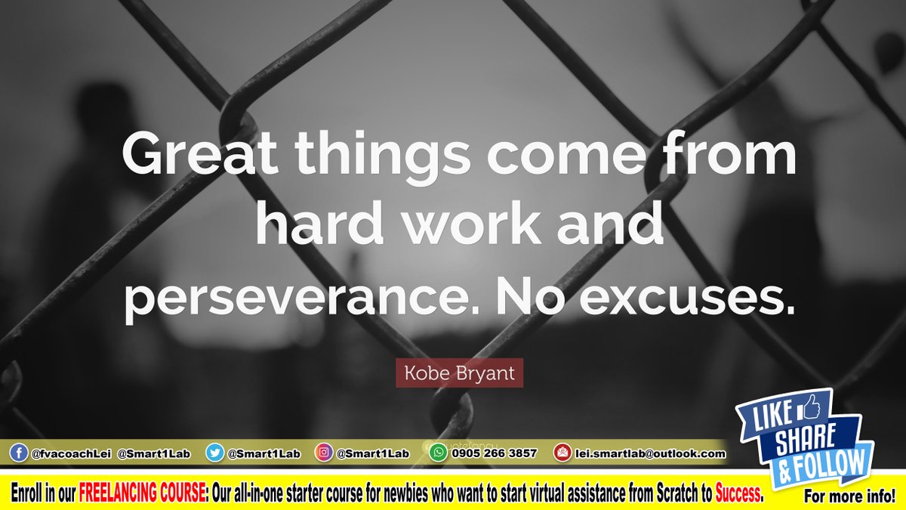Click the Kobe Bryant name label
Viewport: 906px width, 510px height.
458,373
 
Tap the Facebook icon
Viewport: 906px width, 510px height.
18,453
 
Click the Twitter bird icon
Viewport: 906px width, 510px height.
215,453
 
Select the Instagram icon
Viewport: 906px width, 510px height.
323,453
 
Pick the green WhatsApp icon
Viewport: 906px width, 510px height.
438,453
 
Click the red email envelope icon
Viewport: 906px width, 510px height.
562,453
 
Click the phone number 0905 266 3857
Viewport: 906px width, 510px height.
494,454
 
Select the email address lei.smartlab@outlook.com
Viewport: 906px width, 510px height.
650,454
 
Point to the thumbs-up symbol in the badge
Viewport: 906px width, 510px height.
810,409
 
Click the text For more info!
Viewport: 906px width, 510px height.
849,497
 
